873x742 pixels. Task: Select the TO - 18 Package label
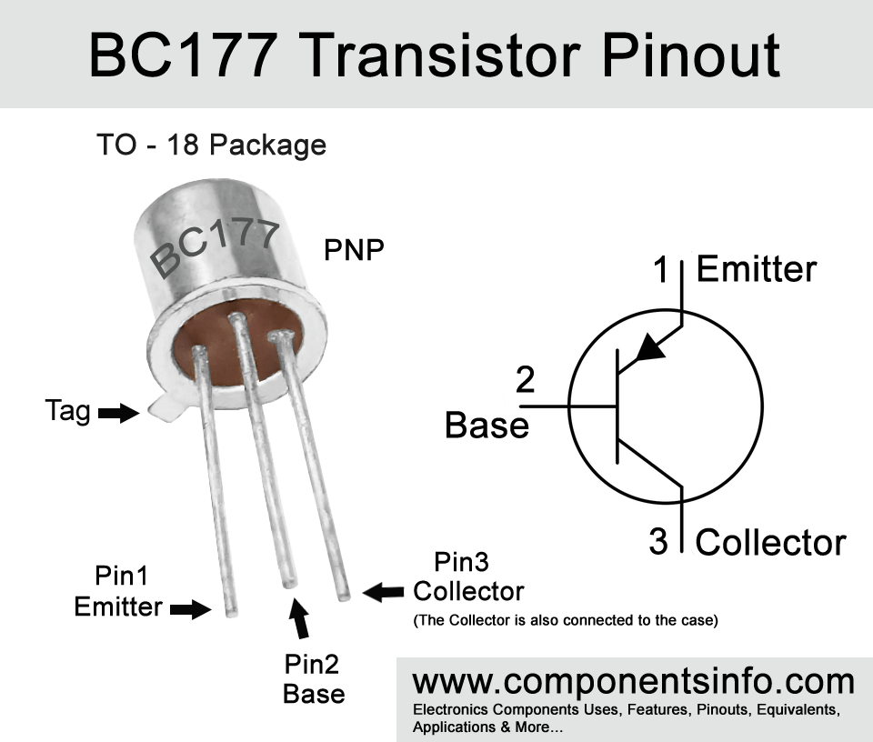[211, 145]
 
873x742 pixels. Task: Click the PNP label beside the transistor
[354, 250]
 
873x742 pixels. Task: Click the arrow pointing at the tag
[115, 414]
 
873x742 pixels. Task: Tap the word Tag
[68, 412]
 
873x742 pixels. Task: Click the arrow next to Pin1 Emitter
[189, 608]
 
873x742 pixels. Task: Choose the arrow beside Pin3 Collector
[383, 592]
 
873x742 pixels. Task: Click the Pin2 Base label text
[313, 679]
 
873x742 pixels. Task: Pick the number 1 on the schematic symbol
[663, 269]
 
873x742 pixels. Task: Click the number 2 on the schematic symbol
[525, 379]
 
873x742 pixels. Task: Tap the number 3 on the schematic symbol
[658, 542]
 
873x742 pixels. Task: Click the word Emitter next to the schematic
[757, 269]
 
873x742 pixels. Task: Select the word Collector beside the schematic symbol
[770, 543]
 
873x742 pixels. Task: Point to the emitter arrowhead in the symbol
[648, 349]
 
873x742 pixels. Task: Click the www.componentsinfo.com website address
[634, 681]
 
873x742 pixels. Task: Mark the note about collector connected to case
[566, 622]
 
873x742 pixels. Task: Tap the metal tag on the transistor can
[165, 408]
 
